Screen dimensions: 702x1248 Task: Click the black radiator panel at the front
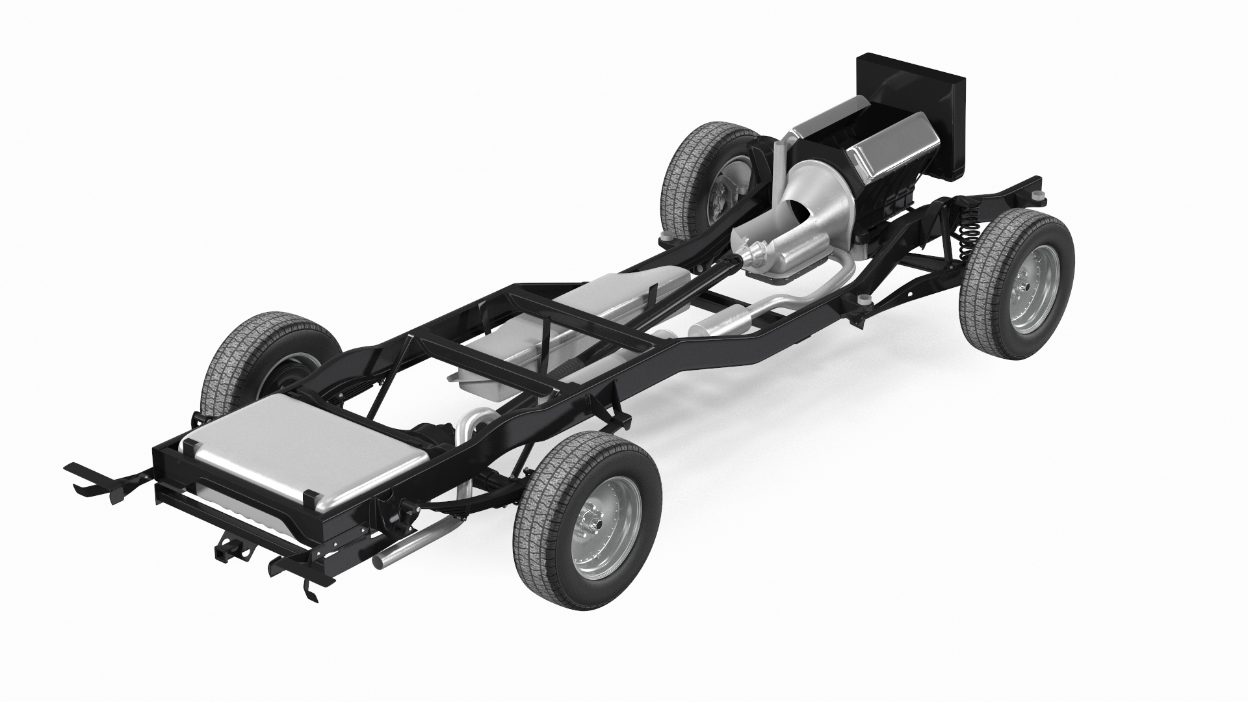click(x=910, y=110)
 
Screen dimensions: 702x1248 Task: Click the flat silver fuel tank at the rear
click(x=305, y=452)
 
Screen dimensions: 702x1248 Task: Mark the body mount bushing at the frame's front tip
click(x=1040, y=195)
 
